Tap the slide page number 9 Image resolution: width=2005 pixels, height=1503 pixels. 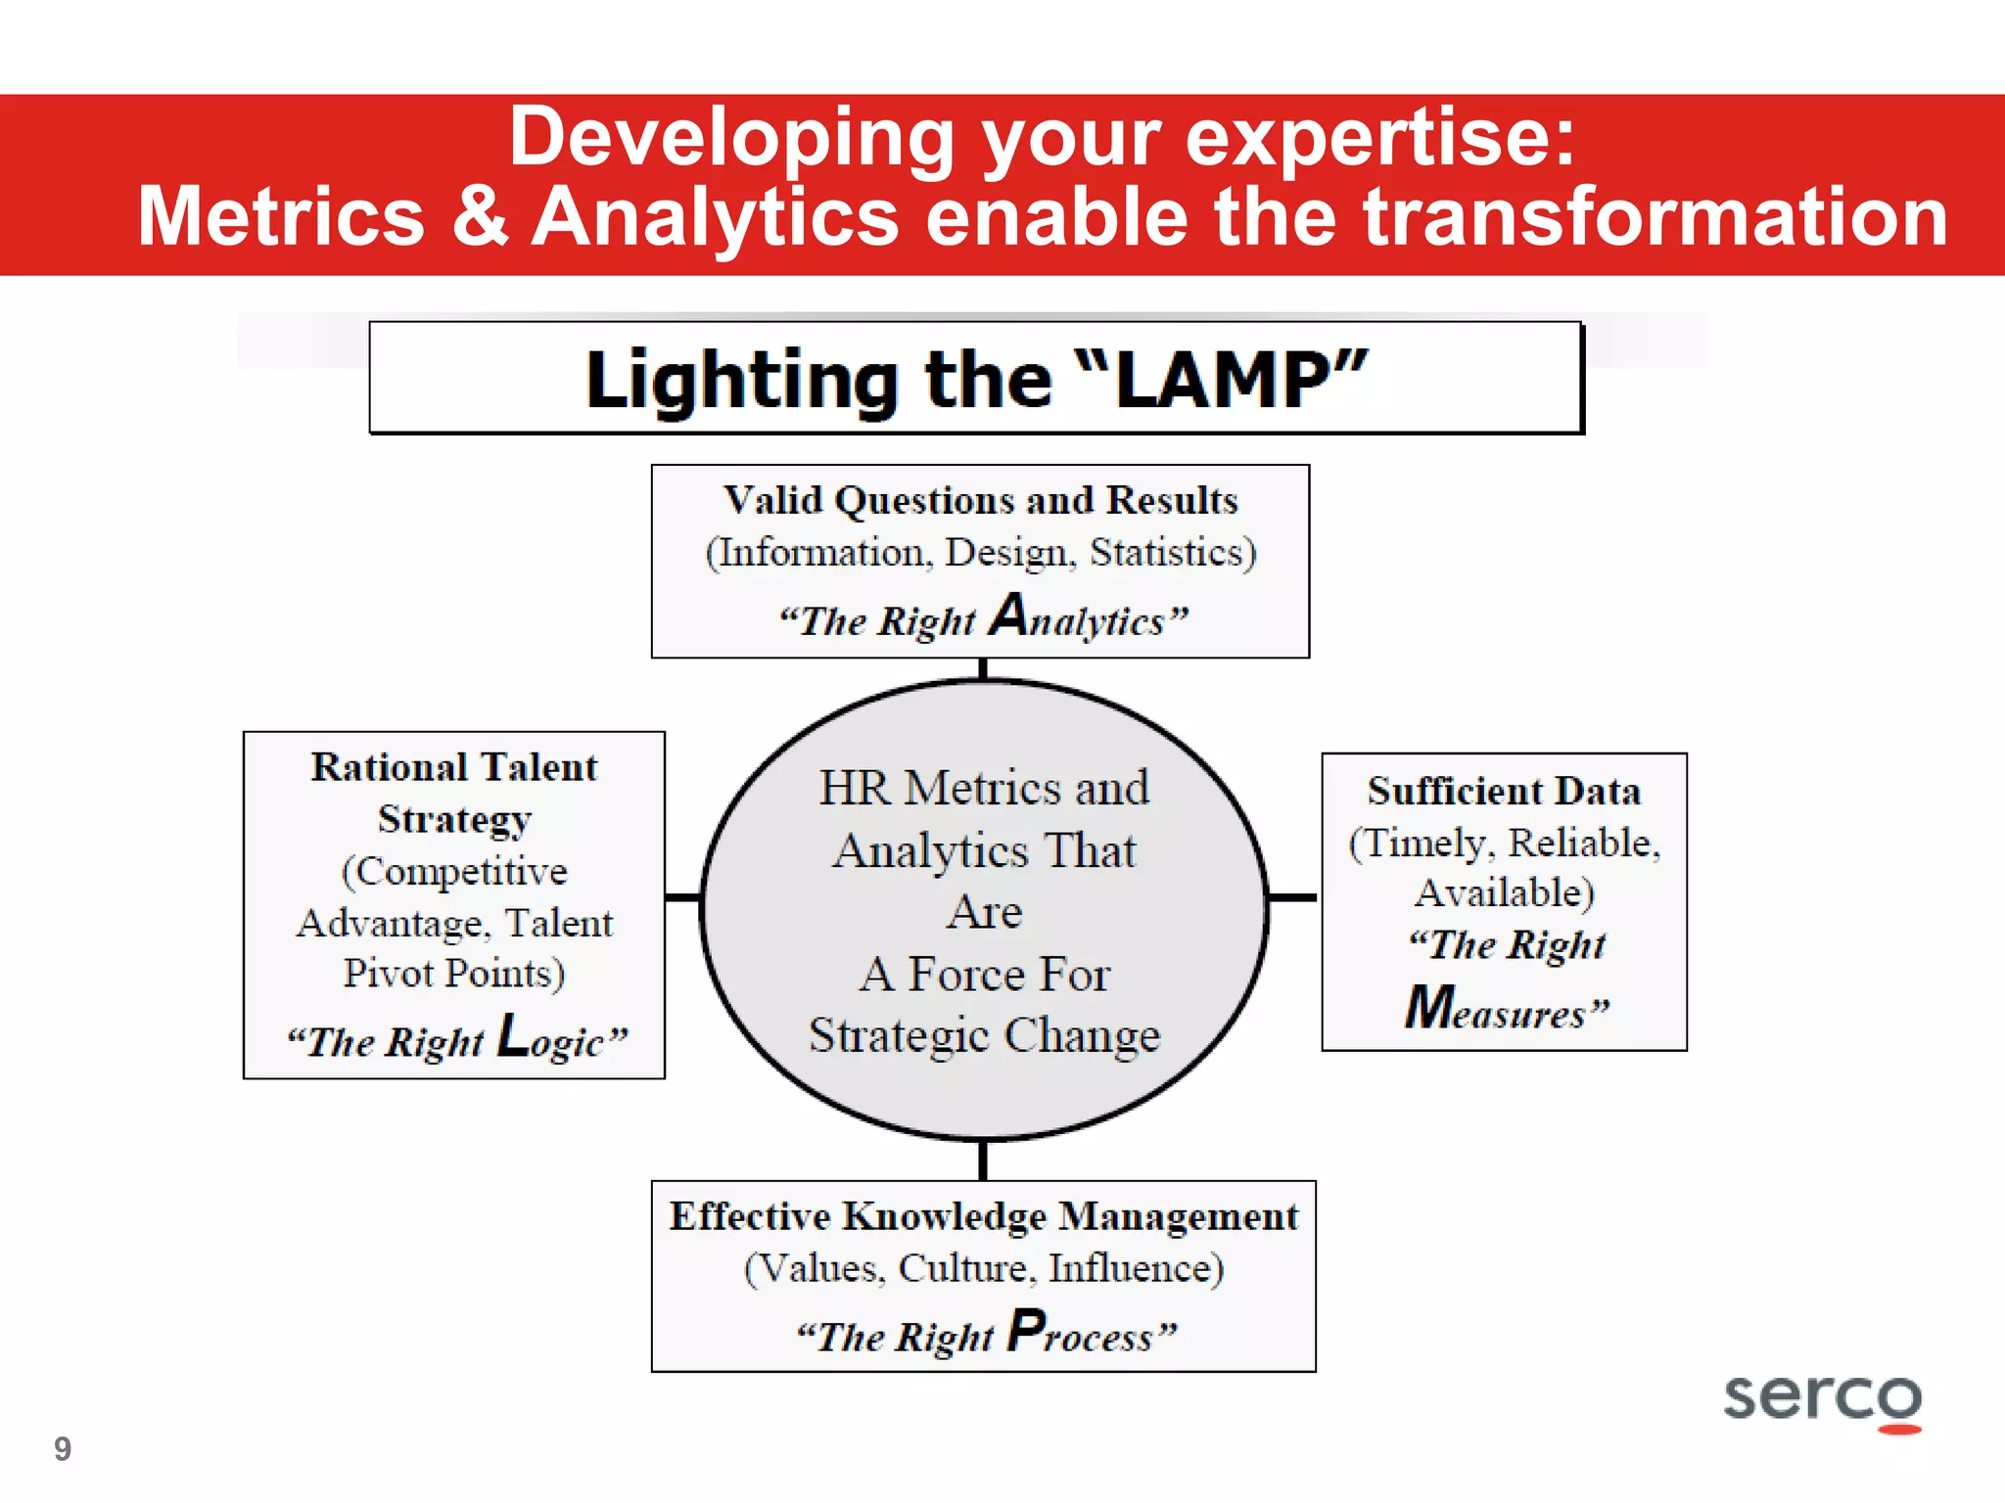click(63, 1449)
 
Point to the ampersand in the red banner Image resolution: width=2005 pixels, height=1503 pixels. click(479, 216)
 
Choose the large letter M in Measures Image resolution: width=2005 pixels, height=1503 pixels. click(1429, 1007)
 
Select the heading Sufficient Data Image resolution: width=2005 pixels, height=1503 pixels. click(1504, 791)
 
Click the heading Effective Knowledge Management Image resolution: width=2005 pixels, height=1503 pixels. click(984, 1216)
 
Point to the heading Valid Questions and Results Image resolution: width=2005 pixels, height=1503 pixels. click(981, 500)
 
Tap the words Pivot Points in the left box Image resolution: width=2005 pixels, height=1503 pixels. click(454, 974)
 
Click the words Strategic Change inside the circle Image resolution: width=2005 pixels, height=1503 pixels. click(984, 1035)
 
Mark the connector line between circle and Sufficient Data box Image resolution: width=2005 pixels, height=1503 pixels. click(1293, 896)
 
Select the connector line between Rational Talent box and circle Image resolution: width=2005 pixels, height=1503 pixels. click(682, 896)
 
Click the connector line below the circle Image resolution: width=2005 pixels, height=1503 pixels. click(983, 1161)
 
